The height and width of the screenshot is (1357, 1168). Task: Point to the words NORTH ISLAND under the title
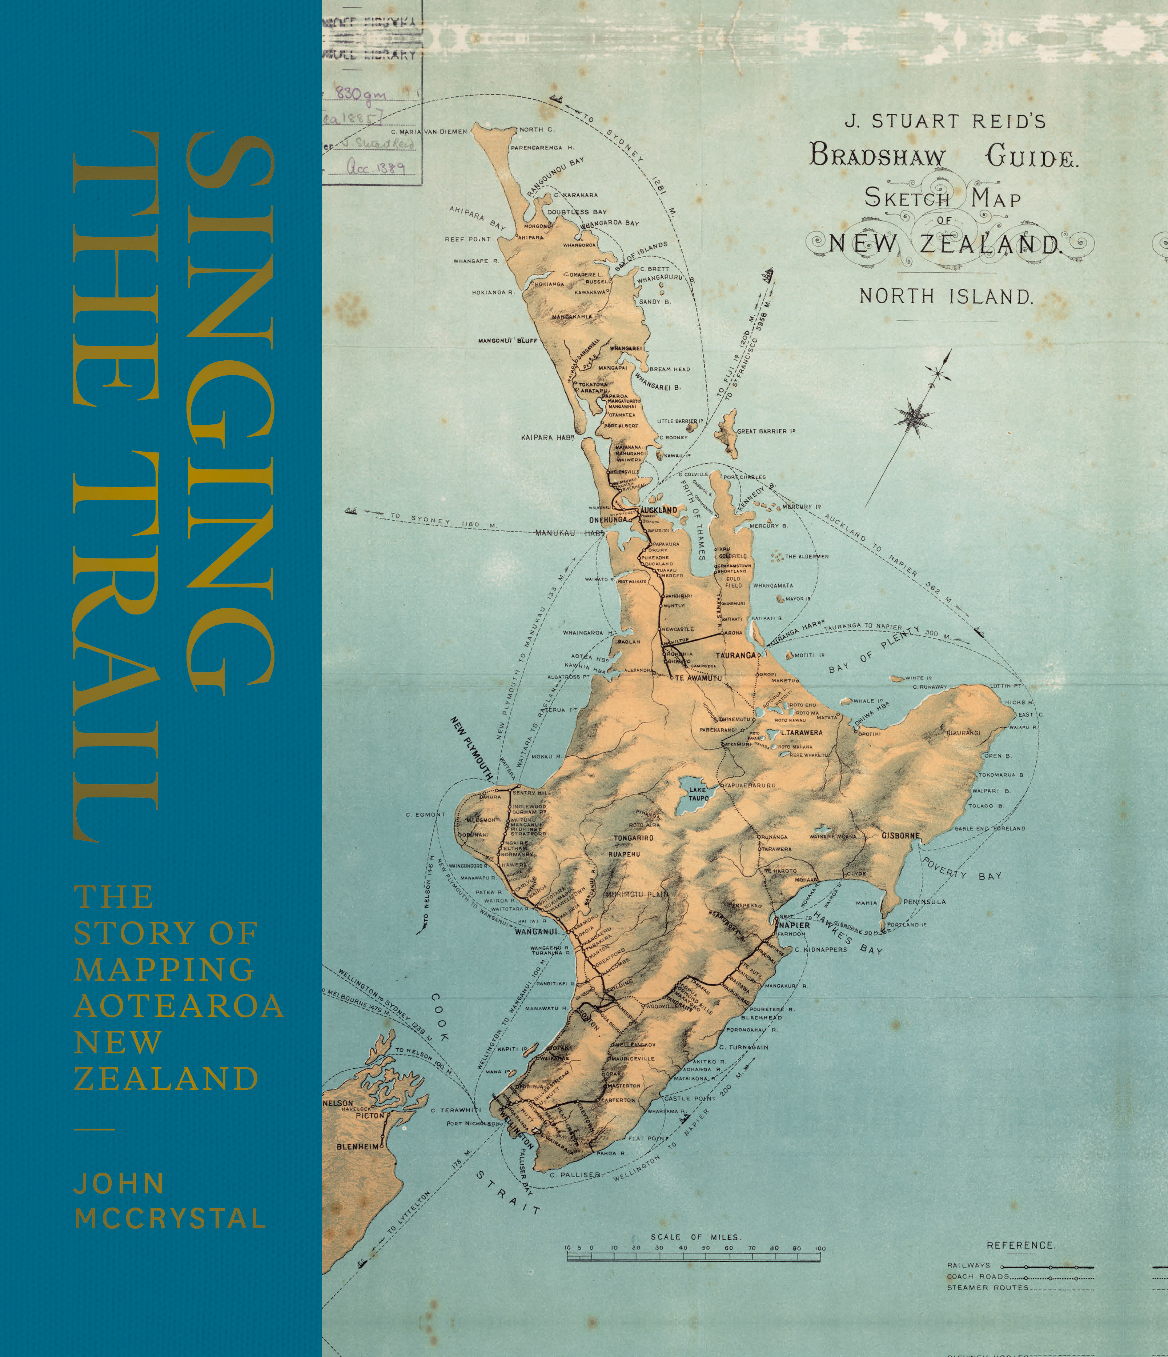[946, 297]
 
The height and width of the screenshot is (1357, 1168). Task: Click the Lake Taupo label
[698, 794]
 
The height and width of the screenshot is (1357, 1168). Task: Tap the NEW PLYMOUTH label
[471, 748]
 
